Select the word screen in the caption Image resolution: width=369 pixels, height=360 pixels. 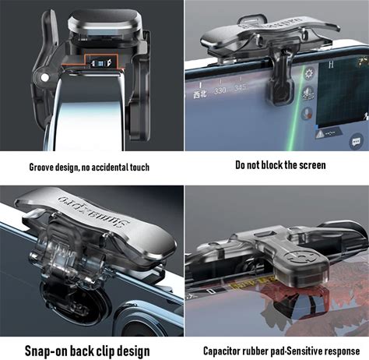[x=313, y=165]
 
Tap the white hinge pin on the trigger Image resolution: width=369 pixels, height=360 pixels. [x=44, y=77]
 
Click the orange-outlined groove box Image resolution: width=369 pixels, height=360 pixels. [x=101, y=62]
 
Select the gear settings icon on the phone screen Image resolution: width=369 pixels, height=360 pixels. [x=309, y=74]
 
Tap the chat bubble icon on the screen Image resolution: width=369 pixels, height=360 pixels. [x=356, y=142]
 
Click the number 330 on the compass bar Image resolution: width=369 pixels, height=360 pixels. [x=220, y=90]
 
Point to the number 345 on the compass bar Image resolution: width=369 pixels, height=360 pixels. [x=240, y=87]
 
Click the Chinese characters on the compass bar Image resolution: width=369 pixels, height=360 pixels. [x=200, y=94]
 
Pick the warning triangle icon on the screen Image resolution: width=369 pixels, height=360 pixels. [x=320, y=134]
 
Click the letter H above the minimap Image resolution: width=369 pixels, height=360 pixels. [x=331, y=65]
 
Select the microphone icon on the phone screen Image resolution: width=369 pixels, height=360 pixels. [x=307, y=114]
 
